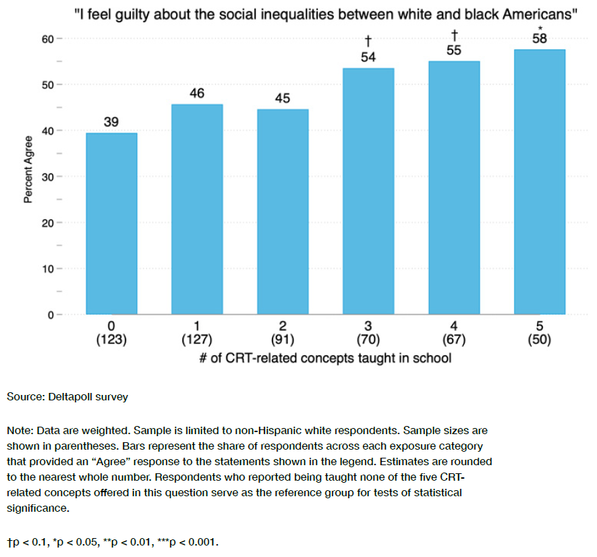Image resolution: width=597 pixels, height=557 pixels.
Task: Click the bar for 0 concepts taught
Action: point(111,224)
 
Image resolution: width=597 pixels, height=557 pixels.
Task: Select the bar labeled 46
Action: point(197,209)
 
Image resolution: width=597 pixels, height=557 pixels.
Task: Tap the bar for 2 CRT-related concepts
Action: point(283,212)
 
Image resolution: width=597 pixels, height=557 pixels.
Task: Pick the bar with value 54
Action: point(368,192)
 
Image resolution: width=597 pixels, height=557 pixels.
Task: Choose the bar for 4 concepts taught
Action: point(454,188)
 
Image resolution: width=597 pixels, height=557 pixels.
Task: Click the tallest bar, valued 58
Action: point(539,182)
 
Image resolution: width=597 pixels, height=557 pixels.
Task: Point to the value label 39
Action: point(111,122)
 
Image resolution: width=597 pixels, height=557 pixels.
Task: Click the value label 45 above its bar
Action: point(283,99)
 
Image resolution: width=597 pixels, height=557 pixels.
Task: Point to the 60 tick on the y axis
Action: point(48,39)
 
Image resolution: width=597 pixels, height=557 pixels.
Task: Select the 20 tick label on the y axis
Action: point(48,223)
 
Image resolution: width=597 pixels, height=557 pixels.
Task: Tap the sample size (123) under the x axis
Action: point(111,340)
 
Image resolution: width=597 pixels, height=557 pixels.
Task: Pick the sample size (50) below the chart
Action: point(539,340)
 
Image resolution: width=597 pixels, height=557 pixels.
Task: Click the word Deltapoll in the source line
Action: point(70,397)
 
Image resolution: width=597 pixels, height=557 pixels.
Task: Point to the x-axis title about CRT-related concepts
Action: point(325,358)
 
